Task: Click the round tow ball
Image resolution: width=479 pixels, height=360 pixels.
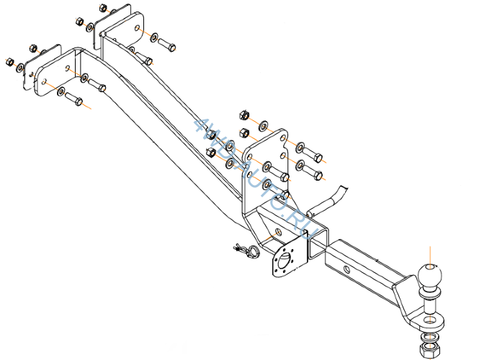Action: pyautogui.click(x=430, y=276)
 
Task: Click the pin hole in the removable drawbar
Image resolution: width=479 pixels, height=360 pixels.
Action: pyautogui.click(x=347, y=269)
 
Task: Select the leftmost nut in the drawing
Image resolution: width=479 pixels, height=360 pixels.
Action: pyautogui.click(x=9, y=62)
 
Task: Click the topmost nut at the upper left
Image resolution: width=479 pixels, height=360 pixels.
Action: pyautogui.click(x=103, y=7)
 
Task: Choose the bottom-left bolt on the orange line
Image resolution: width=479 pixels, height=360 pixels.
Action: pyautogui.click(x=73, y=99)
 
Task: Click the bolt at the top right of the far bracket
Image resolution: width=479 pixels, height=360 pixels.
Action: pyautogui.click(x=167, y=45)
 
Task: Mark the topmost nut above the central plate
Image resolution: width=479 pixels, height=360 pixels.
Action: pyautogui.click(x=244, y=115)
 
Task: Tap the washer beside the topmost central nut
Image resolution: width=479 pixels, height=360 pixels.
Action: pyautogui.click(x=264, y=126)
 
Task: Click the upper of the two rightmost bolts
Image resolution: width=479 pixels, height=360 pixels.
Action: pyautogui.click(x=313, y=155)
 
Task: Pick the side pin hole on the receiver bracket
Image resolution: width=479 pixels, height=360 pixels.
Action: pyautogui.click(x=279, y=231)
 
